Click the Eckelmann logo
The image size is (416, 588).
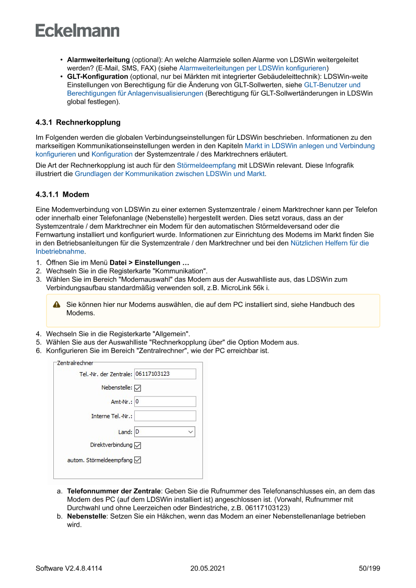point(77,30)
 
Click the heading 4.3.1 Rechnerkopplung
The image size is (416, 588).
point(78,122)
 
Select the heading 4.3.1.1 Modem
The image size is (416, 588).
point(62,194)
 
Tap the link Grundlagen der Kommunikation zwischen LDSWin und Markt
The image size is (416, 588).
point(170,174)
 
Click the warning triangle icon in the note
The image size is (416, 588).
point(57,304)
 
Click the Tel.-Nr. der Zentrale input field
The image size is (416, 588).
point(165,374)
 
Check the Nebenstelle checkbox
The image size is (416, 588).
point(138,388)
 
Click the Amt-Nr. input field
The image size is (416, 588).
point(165,401)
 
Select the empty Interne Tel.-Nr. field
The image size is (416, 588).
point(165,416)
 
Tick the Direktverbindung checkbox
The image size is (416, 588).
point(138,445)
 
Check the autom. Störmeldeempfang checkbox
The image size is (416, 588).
point(138,460)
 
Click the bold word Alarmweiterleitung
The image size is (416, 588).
point(98,59)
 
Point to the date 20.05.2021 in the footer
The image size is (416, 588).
point(208,568)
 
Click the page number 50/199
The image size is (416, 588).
point(369,568)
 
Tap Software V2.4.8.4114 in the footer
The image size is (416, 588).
point(69,568)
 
